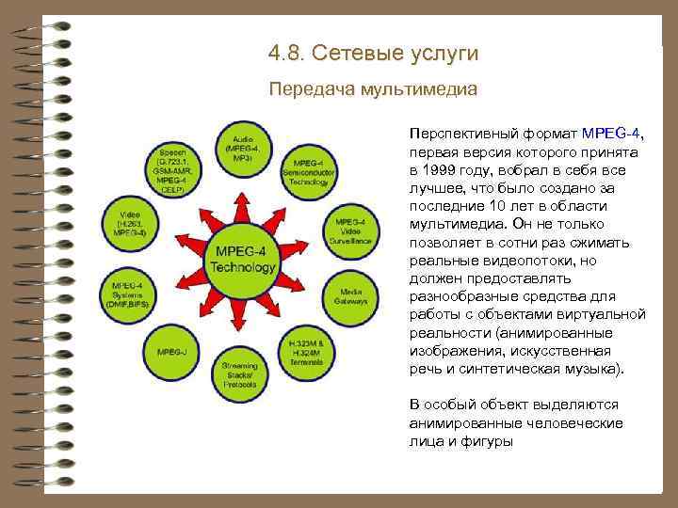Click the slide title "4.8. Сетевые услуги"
(373, 54)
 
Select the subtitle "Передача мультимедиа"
(373, 90)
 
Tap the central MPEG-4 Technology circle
(243, 259)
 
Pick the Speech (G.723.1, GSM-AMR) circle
(173, 169)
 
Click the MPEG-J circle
(172, 350)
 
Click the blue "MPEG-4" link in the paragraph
(612, 134)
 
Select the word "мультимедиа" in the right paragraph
(455, 223)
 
